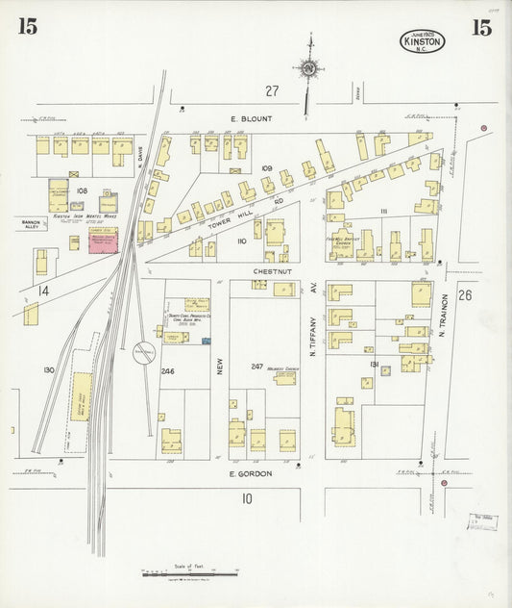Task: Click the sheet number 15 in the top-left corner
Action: [27, 27]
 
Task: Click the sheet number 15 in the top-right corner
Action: [481, 27]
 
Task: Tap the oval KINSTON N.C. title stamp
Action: [423, 40]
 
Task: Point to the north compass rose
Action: [308, 67]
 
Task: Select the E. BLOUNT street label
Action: [251, 119]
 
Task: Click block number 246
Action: [167, 370]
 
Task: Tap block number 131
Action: [374, 363]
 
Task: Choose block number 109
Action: [266, 168]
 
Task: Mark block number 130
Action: [47, 369]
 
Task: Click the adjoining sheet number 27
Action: [272, 90]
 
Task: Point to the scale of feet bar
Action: [189, 575]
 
